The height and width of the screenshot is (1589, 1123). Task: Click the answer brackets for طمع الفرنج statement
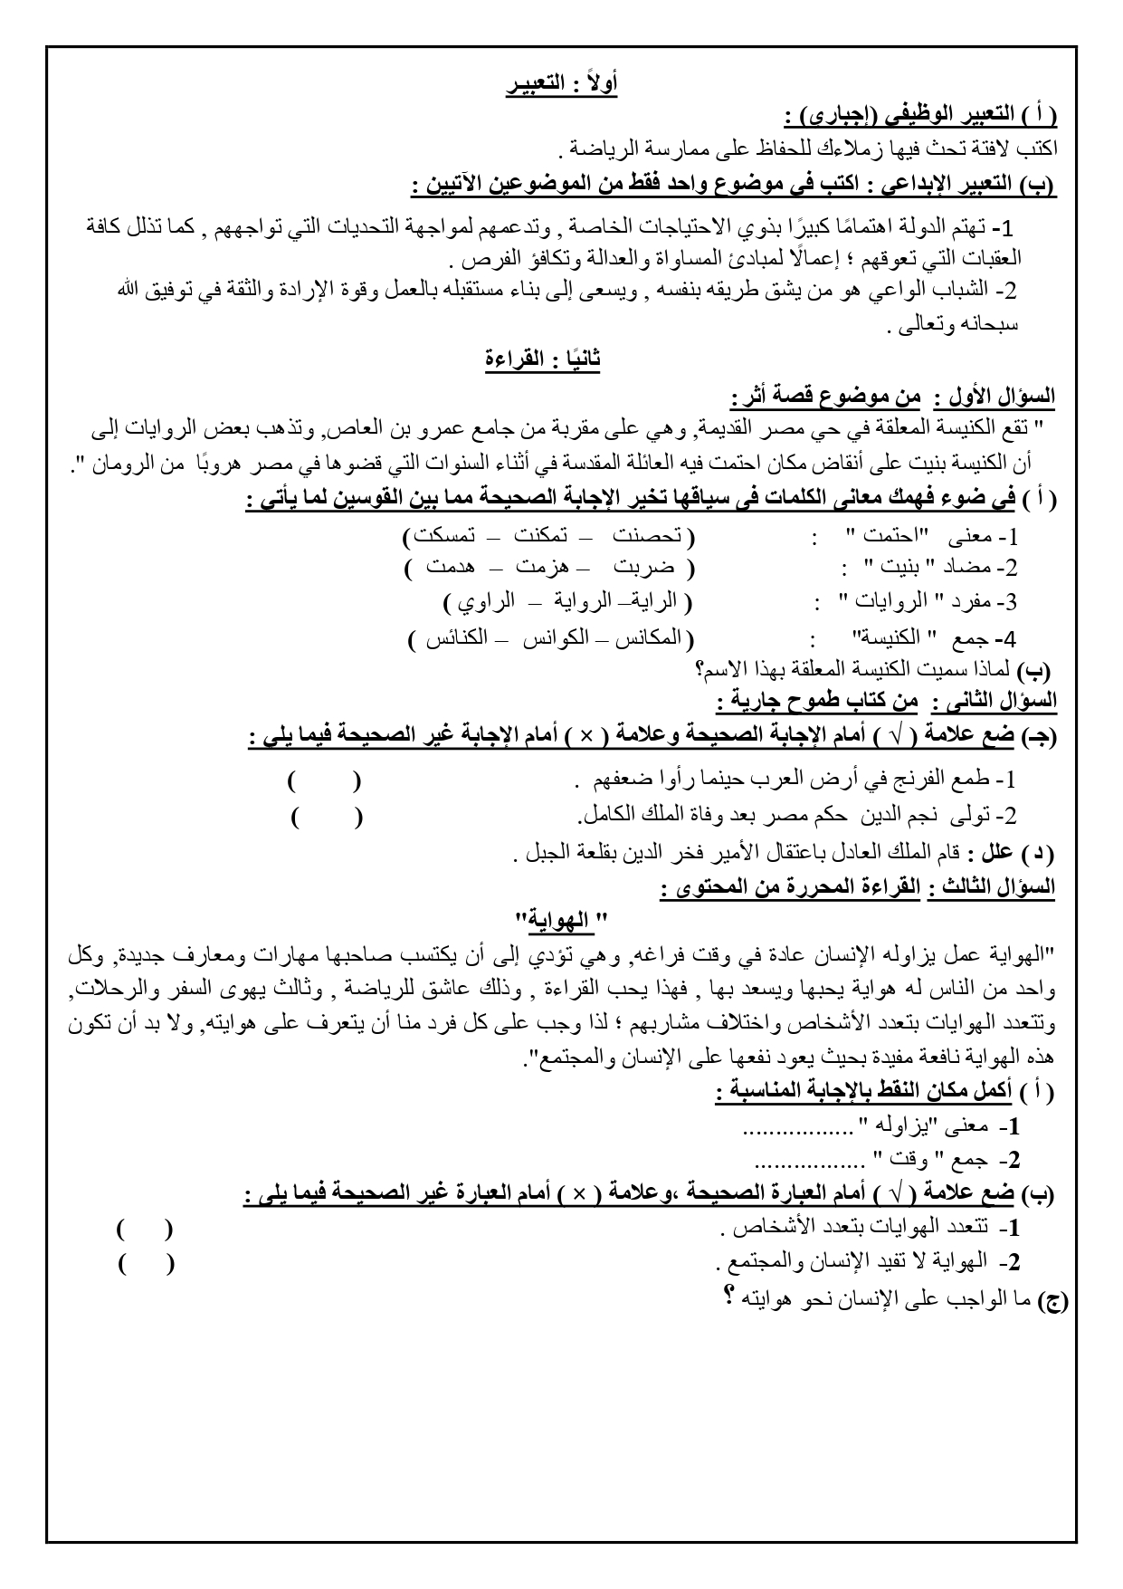coord(323,780)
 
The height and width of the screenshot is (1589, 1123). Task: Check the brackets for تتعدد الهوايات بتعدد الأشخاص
coord(145,1230)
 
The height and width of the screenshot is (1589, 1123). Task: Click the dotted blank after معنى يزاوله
coord(797,1127)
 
